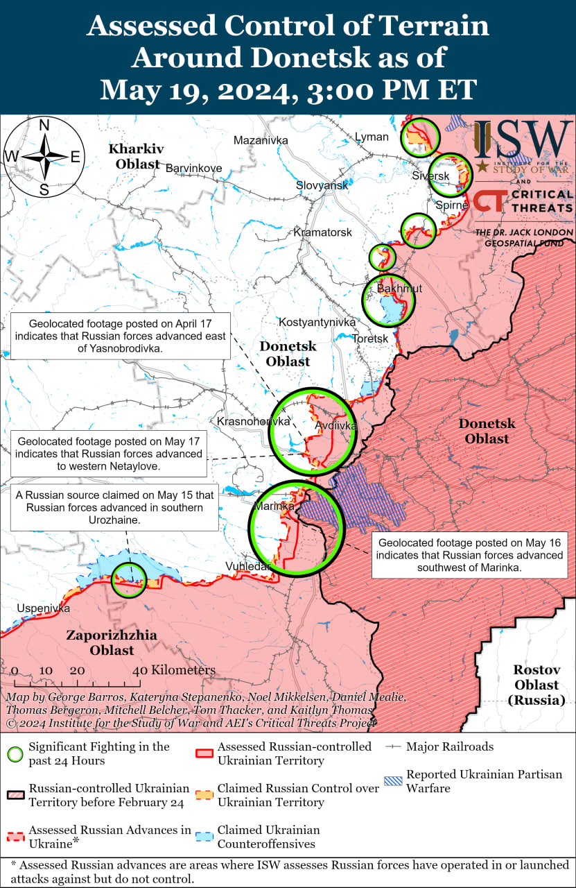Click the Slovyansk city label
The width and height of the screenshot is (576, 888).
click(x=322, y=185)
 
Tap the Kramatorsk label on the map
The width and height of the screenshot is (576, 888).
click(x=322, y=232)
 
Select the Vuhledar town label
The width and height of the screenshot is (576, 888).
click(x=247, y=567)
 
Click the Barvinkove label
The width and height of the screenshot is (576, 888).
click(x=193, y=168)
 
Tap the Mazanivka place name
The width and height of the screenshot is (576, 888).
click(x=261, y=140)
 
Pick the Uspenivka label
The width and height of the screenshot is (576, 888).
click(x=44, y=608)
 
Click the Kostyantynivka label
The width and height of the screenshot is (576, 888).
click(x=317, y=322)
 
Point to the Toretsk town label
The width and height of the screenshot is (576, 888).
click(x=370, y=339)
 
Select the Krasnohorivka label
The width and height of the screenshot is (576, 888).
click(x=253, y=421)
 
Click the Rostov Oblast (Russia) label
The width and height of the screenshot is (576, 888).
click(x=536, y=685)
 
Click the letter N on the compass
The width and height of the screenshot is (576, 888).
click(x=44, y=126)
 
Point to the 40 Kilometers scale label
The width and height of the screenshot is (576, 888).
click(x=174, y=670)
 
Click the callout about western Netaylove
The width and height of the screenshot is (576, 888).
click(x=109, y=454)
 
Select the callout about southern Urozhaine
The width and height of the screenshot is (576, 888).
click(x=115, y=507)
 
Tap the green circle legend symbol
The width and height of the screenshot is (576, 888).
click(x=15, y=753)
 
